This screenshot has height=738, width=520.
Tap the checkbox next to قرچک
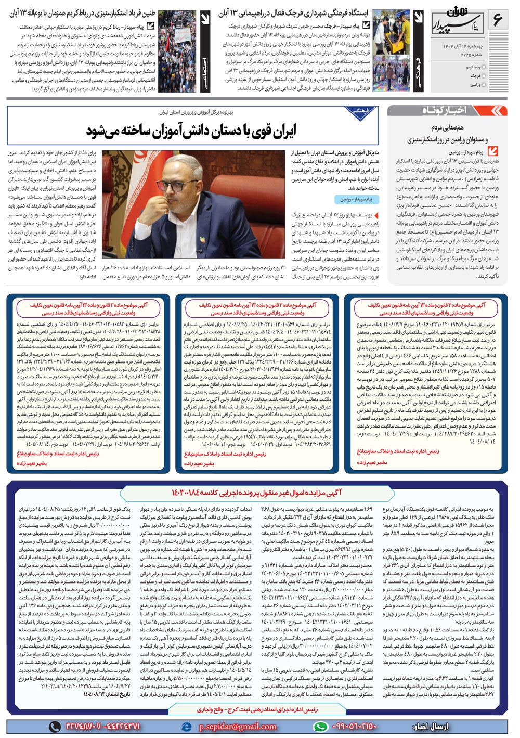coord(485,75)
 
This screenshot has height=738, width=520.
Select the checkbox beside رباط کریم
coord(485,67)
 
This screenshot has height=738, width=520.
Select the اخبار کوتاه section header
coord(445,111)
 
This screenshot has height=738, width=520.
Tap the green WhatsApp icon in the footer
coord(321,726)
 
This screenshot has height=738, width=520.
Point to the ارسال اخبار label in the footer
coord(431,726)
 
